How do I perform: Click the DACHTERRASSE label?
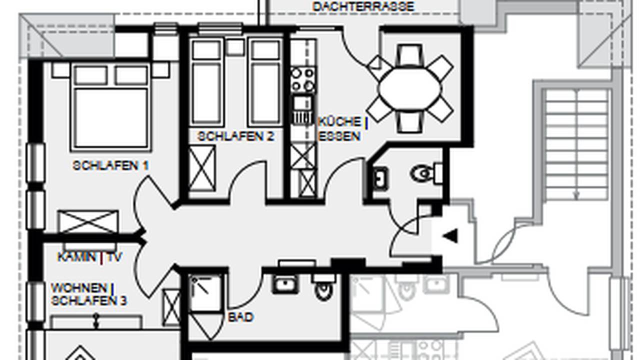pos(363,6)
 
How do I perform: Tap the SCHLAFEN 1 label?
pos(110,165)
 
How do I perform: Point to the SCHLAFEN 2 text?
pos(235,136)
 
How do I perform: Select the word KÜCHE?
pos(339,122)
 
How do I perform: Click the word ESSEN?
pos(339,136)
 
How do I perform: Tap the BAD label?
pos(240,317)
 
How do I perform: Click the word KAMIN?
pos(77,257)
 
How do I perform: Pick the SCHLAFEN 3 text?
pos(89,301)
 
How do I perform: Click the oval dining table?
pos(409,88)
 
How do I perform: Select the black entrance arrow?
pos(450,236)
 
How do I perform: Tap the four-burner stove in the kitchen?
pos(303,79)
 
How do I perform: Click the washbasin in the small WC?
pos(380,178)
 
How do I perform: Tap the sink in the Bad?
pos(284,283)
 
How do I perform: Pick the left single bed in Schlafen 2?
pos(206,83)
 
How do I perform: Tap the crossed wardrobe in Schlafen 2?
pos(201,168)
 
